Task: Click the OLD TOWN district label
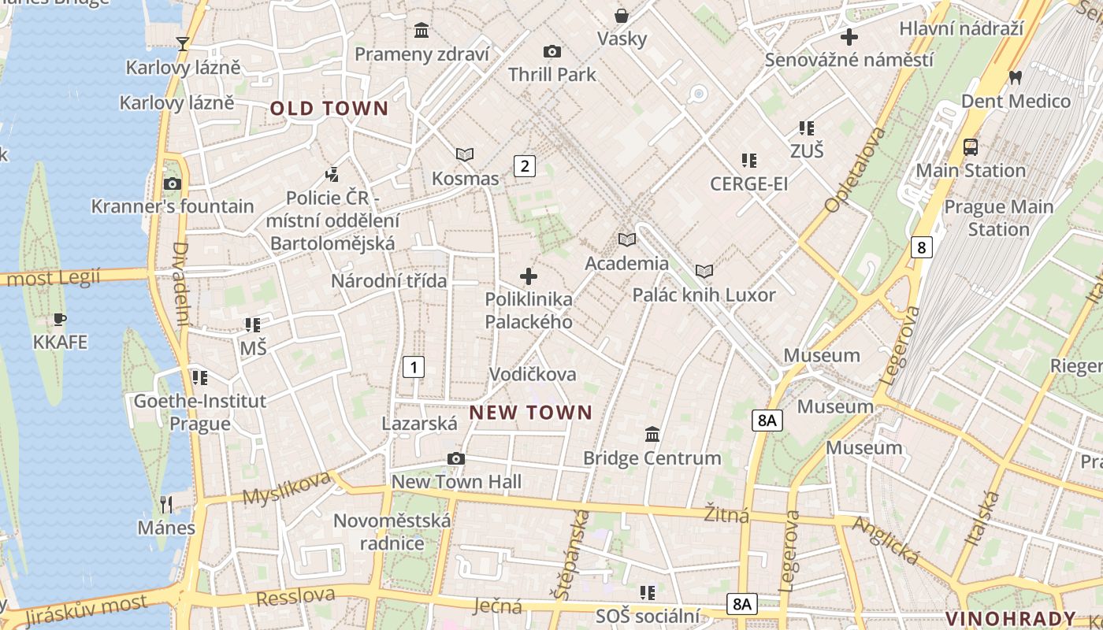[x=329, y=109]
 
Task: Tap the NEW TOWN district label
[x=530, y=413]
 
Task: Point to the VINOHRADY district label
[x=1011, y=618]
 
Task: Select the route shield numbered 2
[x=524, y=166]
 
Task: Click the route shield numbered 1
[x=414, y=366]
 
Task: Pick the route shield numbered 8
[x=920, y=247]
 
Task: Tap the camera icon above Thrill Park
[x=552, y=52]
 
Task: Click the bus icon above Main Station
[x=971, y=147]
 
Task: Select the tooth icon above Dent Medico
[x=1016, y=77]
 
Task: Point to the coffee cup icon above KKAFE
[x=60, y=320]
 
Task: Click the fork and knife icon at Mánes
[x=166, y=504]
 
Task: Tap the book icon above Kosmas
[x=465, y=155]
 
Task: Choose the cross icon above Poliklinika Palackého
[x=529, y=276]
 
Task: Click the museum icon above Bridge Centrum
[x=652, y=435]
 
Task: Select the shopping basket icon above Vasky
[x=622, y=16]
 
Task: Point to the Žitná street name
[x=726, y=515]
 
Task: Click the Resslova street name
[x=295, y=596]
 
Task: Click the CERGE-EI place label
[x=748, y=184]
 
